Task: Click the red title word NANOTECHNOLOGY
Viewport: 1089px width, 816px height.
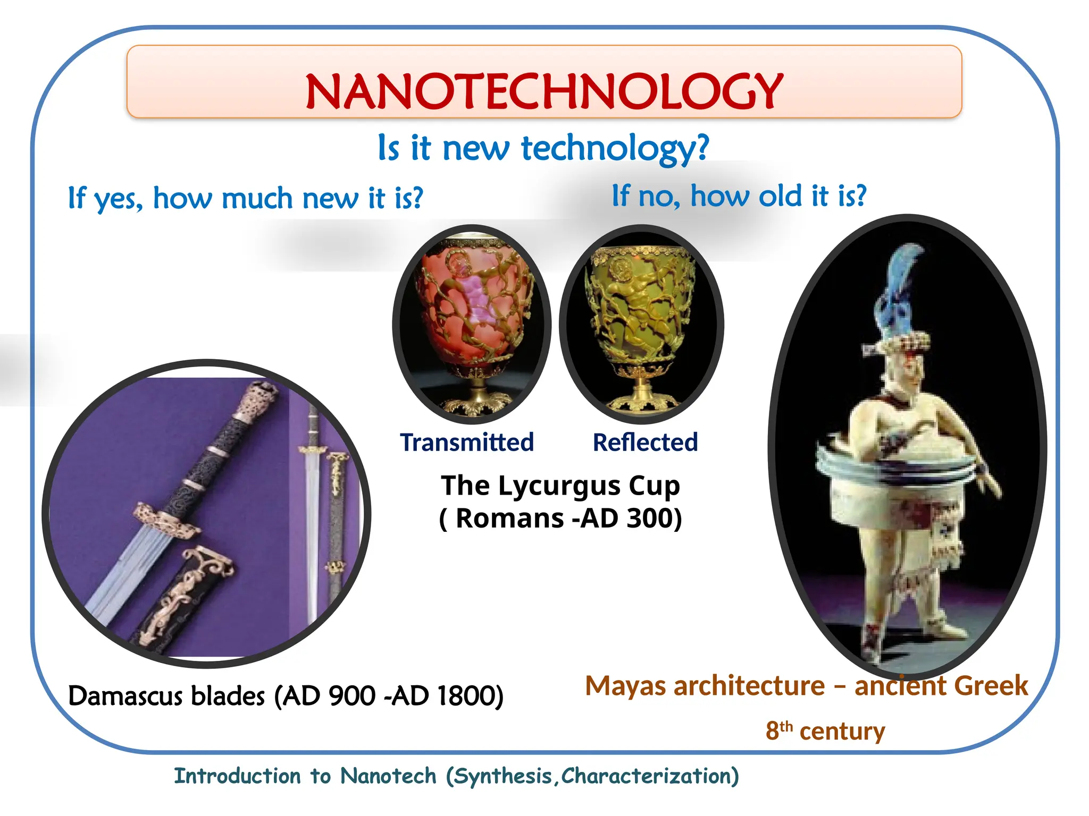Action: click(x=544, y=91)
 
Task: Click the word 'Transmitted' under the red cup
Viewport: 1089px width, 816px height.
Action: click(x=467, y=443)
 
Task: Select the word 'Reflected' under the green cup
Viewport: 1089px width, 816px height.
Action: click(x=645, y=443)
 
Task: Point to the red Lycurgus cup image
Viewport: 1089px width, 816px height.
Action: click(x=472, y=324)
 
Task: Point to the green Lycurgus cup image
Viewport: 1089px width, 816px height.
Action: click(x=642, y=324)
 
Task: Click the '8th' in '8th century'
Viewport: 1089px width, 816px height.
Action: click(x=779, y=730)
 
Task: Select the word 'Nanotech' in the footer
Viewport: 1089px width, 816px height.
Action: click(x=388, y=776)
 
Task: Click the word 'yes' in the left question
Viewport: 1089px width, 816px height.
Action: click(x=118, y=199)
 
